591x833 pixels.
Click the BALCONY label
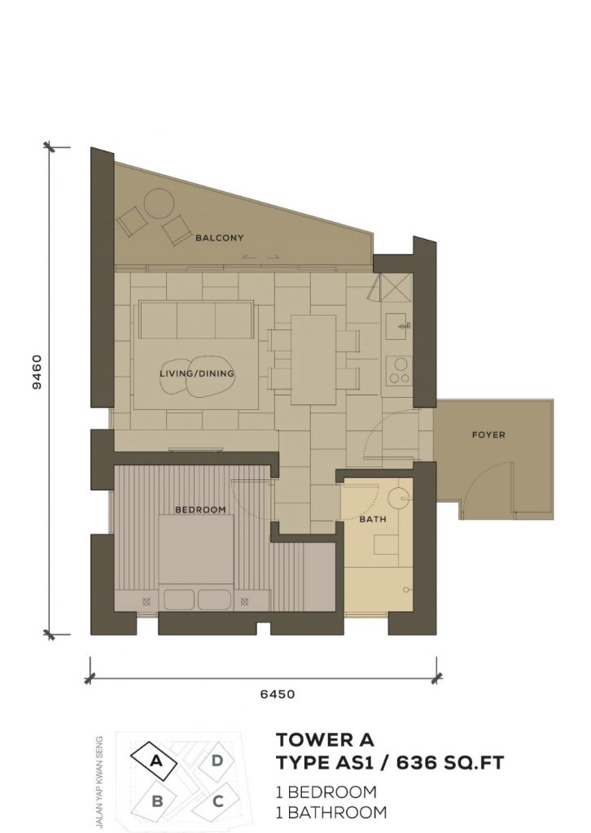coord(220,238)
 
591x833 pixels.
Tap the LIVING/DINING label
coord(197,373)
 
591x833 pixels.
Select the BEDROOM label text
coord(200,509)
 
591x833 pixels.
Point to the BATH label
coord(373,519)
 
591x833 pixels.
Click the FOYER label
coord(488,434)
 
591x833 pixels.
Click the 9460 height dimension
coord(37,372)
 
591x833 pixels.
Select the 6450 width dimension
coord(278,694)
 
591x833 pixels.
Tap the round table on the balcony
coord(160,203)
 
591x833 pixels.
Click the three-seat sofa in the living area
coord(196,320)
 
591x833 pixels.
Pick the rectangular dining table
coord(313,360)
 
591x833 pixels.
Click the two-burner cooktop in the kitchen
coord(399,370)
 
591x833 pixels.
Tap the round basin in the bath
coord(396,499)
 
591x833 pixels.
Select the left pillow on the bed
coord(178,599)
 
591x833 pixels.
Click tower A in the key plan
coord(155,761)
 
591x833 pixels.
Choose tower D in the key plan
coord(217,761)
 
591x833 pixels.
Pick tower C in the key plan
coord(217,801)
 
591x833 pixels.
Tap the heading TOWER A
coord(325,739)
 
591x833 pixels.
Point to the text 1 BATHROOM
coord(331,813)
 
